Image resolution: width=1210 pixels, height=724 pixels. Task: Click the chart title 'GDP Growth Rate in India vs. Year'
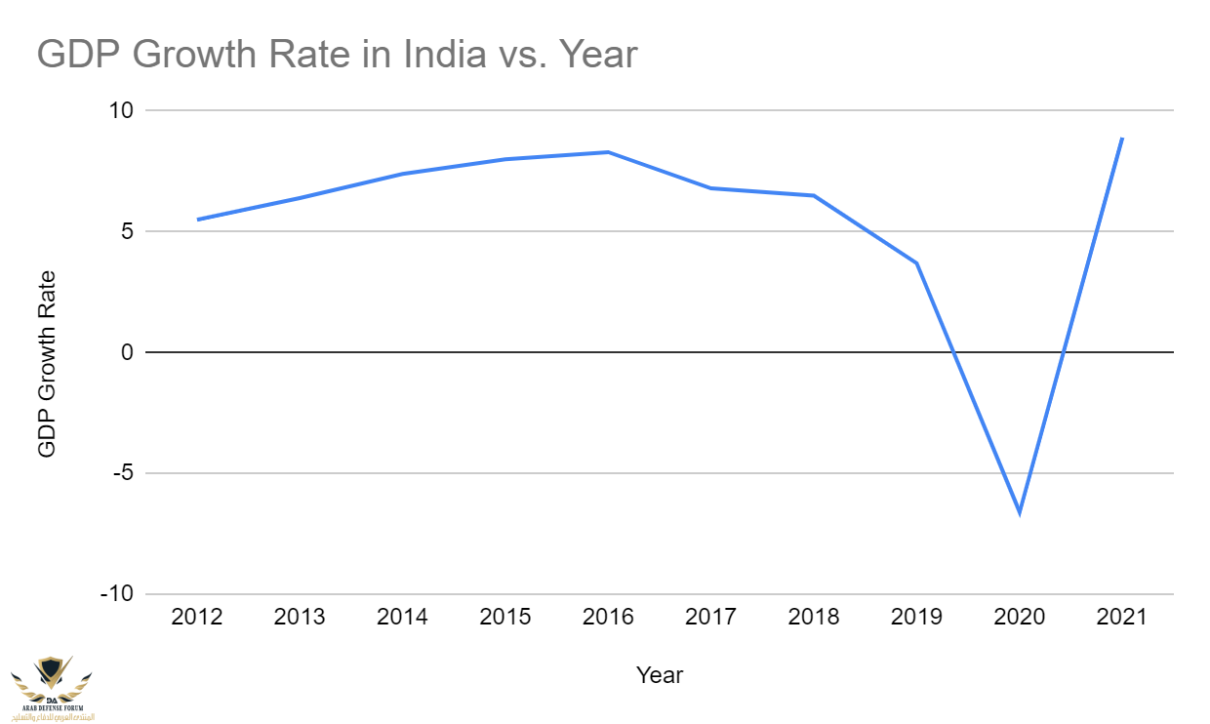[x=337, y=55]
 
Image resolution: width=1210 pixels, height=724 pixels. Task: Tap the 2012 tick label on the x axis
[x=196, y=618]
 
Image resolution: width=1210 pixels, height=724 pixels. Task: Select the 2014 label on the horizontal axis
[x=402, y=618]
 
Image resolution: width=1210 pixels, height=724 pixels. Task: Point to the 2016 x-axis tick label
[x=608, y=618]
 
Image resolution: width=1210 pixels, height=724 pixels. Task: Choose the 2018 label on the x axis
[x=814, y=618]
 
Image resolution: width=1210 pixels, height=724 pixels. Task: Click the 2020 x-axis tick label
[x=1020, y=618]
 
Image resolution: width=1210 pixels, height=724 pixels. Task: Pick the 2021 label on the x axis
[x=1122, y=618]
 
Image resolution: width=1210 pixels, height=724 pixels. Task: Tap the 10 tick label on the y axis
[x=120, y=110]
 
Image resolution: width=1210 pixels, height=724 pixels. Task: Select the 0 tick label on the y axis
[x=126, y=352]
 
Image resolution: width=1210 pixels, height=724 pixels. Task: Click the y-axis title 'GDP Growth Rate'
[x=47, y=364]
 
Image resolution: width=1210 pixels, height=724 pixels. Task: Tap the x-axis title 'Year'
[x=660, y=674]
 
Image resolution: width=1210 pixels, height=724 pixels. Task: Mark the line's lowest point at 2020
[x=1020, y=512]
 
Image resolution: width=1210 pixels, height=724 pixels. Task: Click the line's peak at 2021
[x=1122, y=139]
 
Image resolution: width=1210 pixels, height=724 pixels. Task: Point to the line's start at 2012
[x=197, y=220]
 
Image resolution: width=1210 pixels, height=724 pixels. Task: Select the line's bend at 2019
[x=917, y=263]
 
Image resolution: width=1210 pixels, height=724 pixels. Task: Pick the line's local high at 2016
[x=608, y=152]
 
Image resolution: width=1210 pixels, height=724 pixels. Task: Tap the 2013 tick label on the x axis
[x=300, y=618]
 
